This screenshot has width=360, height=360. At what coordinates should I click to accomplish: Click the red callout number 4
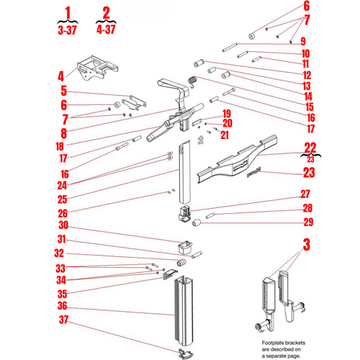point(61,76)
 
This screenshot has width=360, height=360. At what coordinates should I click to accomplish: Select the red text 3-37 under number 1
point(67,30)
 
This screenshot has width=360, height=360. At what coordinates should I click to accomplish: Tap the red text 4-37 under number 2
point(106,30)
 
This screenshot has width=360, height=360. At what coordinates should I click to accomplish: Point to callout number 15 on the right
point(310,107)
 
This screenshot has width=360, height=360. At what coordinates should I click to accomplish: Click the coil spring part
point(193,81)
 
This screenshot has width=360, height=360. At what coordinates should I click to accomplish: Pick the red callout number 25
point(62,199)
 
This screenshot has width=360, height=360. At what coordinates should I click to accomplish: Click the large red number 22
point(310,148)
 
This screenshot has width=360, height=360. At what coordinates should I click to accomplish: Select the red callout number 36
point(63,305)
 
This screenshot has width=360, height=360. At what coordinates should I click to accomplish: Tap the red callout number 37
point(63,320)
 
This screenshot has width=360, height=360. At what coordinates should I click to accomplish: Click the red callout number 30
point(63,225)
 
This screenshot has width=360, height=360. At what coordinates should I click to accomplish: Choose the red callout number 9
point(303,41)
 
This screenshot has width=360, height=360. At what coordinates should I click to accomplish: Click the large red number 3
point(307,245)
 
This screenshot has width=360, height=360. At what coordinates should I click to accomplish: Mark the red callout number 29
point(308,222)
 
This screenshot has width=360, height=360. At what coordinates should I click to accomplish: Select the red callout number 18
point(60,146)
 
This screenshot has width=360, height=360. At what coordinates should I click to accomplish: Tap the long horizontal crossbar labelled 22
point(236,160)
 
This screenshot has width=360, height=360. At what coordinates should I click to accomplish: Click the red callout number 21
point(225,135)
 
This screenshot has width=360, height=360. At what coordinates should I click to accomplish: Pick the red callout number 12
point(307,76)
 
